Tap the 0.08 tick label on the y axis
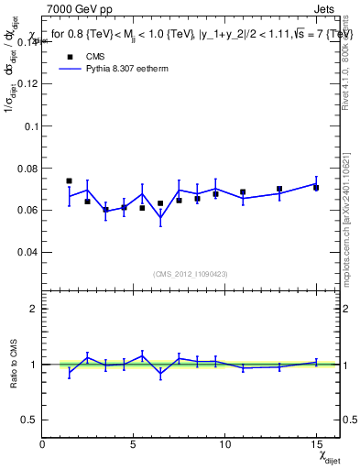[27, 168]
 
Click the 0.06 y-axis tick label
[27, 210]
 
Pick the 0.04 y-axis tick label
[27, 252]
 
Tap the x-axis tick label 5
[134, 443]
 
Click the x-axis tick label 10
[224, 443]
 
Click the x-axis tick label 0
[43, 443]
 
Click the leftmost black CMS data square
[70, 181]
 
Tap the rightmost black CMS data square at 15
[316, 187]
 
